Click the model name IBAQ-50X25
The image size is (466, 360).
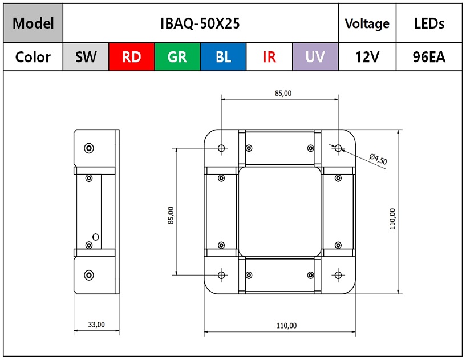200,23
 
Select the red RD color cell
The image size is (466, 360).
132,57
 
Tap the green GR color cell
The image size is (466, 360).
177,57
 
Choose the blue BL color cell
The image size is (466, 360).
224,57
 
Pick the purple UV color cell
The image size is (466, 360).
315,57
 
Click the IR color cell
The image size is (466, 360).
269,57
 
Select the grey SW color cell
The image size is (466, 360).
86,57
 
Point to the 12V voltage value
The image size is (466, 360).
367,57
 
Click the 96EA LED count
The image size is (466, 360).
429,57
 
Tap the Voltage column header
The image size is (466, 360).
367,23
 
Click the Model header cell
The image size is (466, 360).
33,23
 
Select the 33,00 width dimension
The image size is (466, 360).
96,325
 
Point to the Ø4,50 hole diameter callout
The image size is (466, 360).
378,159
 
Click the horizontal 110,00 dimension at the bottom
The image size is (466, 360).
286,326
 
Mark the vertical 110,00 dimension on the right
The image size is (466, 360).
392,219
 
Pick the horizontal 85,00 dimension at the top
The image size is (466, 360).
283,94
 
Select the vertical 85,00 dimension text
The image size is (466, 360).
171,215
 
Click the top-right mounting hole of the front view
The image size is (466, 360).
338,148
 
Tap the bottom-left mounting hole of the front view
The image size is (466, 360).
221,275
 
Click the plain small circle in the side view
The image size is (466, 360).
96,237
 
